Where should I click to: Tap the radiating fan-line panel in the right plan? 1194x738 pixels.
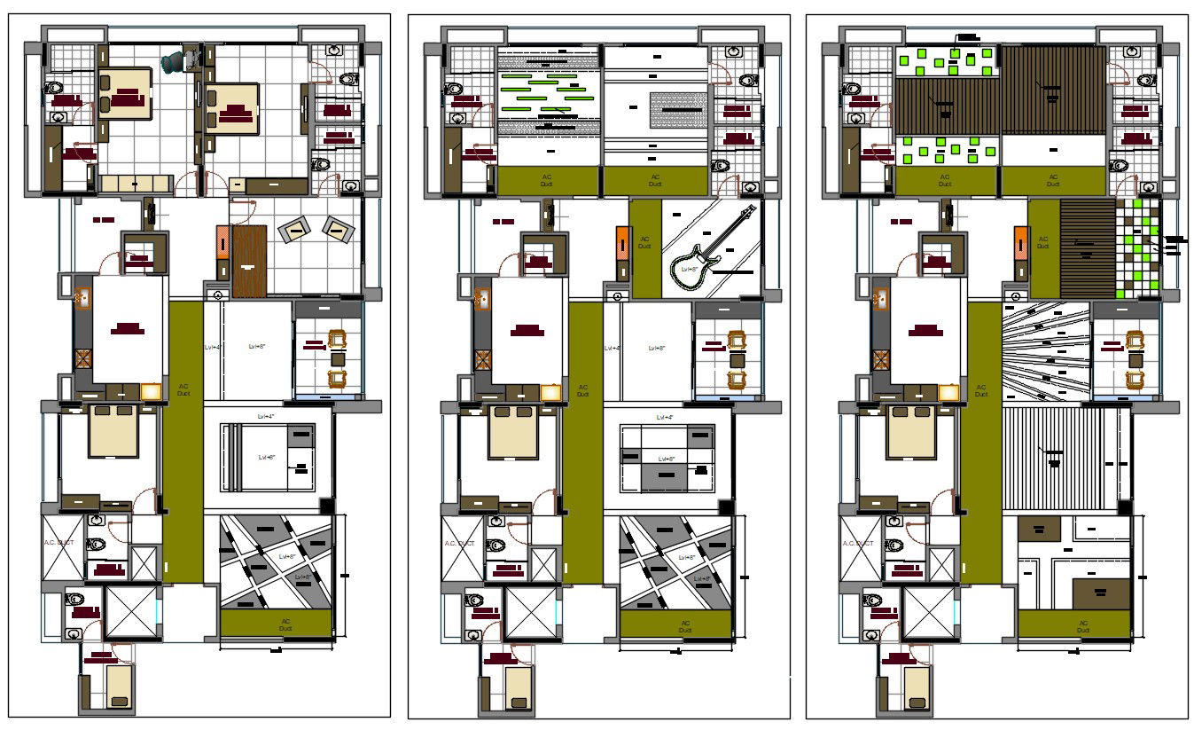click(x=1045, y=351)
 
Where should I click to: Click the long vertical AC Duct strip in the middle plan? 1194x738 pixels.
click(x=582, y=444)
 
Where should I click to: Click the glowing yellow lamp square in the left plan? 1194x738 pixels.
click(x=152, y=392)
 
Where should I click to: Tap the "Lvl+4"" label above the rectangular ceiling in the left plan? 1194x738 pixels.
click(x=266, y=416)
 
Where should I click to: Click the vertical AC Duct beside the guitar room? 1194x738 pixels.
click(x=645, y=248)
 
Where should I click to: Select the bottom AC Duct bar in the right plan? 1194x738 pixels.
click(x=1074, y=624)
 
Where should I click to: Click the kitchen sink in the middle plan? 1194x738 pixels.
click(x=482, y=298)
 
